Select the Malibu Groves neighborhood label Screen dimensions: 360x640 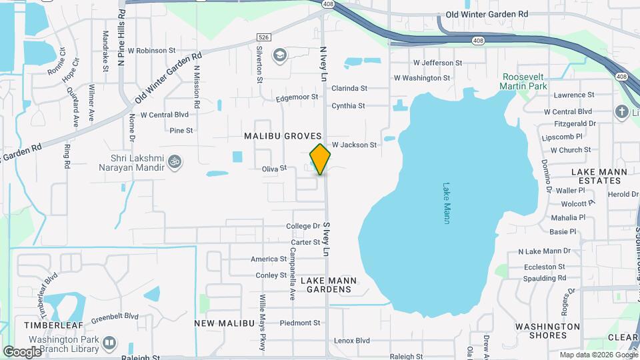(x=283, y=136)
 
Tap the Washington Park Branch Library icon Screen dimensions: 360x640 (x=109, y=343)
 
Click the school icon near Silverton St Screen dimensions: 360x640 (x=280, y=55)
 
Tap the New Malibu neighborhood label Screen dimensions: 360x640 (x=225, y=323)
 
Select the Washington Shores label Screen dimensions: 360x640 (x=548, y=331)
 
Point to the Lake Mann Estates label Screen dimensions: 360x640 (x=597, y=176)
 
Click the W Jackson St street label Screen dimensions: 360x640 (x=354, y=145)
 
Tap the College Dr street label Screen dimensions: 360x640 (x=303, y=227)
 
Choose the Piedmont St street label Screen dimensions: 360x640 (x=300, y=323)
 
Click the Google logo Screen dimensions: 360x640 (x=22, y=351)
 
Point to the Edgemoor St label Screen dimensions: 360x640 (x=297, y=97)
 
